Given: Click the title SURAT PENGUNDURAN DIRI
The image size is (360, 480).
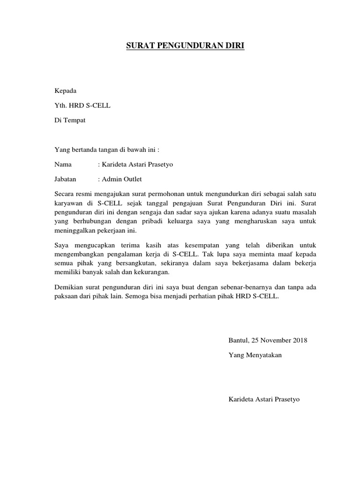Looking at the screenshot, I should tap(186, 46).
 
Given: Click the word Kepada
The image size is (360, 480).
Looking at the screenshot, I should tap(65, 90).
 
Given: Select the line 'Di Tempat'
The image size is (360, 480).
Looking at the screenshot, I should tap(70, 120).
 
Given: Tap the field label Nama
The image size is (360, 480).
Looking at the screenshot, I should tap(63, 165).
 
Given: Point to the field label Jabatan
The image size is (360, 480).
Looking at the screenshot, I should tap(65, 179).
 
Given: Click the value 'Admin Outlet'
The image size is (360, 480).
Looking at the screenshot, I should tap(121, 179).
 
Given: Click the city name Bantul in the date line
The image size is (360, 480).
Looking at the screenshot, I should tap(238, 340).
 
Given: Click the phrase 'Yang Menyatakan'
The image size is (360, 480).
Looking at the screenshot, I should tap(255, 355).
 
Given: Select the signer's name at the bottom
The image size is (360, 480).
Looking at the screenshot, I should tap(264, 399).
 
